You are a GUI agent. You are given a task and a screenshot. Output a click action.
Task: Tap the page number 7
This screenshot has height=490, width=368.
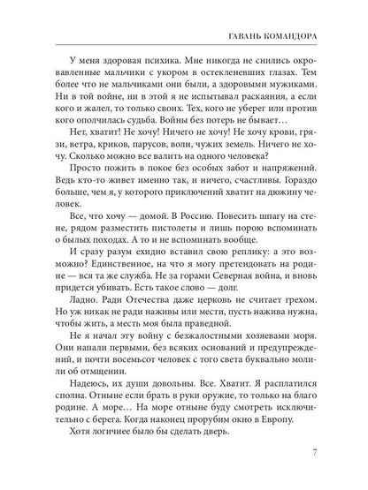pyautogui.click(x=327, y=455)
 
